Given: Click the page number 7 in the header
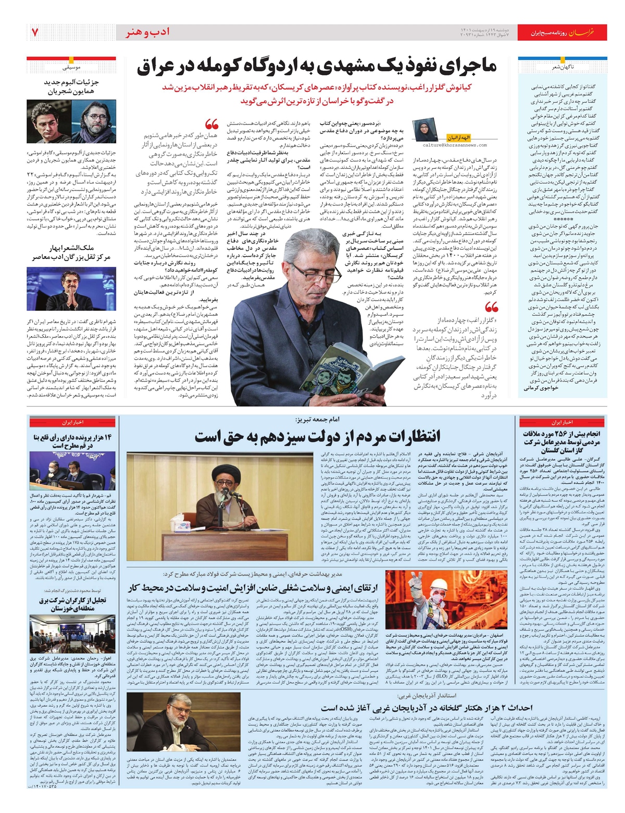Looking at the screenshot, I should [35, 32].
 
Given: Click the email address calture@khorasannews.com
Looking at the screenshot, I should [455, 145].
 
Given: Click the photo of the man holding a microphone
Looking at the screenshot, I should [71, 288].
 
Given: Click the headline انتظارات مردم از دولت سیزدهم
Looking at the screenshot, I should [317, 436].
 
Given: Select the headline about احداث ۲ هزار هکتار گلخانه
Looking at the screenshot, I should [427, 707].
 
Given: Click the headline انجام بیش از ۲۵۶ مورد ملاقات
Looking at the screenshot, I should [561, 442].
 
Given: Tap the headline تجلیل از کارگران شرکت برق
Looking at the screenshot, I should [72, 604].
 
